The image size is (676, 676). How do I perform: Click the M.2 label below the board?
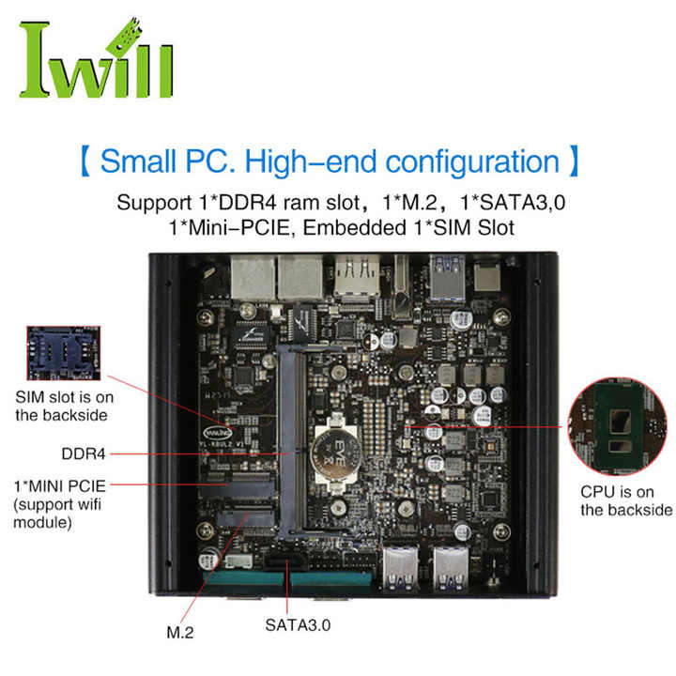tap(180, 632)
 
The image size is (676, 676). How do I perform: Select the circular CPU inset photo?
tap(621, 427)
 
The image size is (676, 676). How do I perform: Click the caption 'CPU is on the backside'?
tap(626, 500)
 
